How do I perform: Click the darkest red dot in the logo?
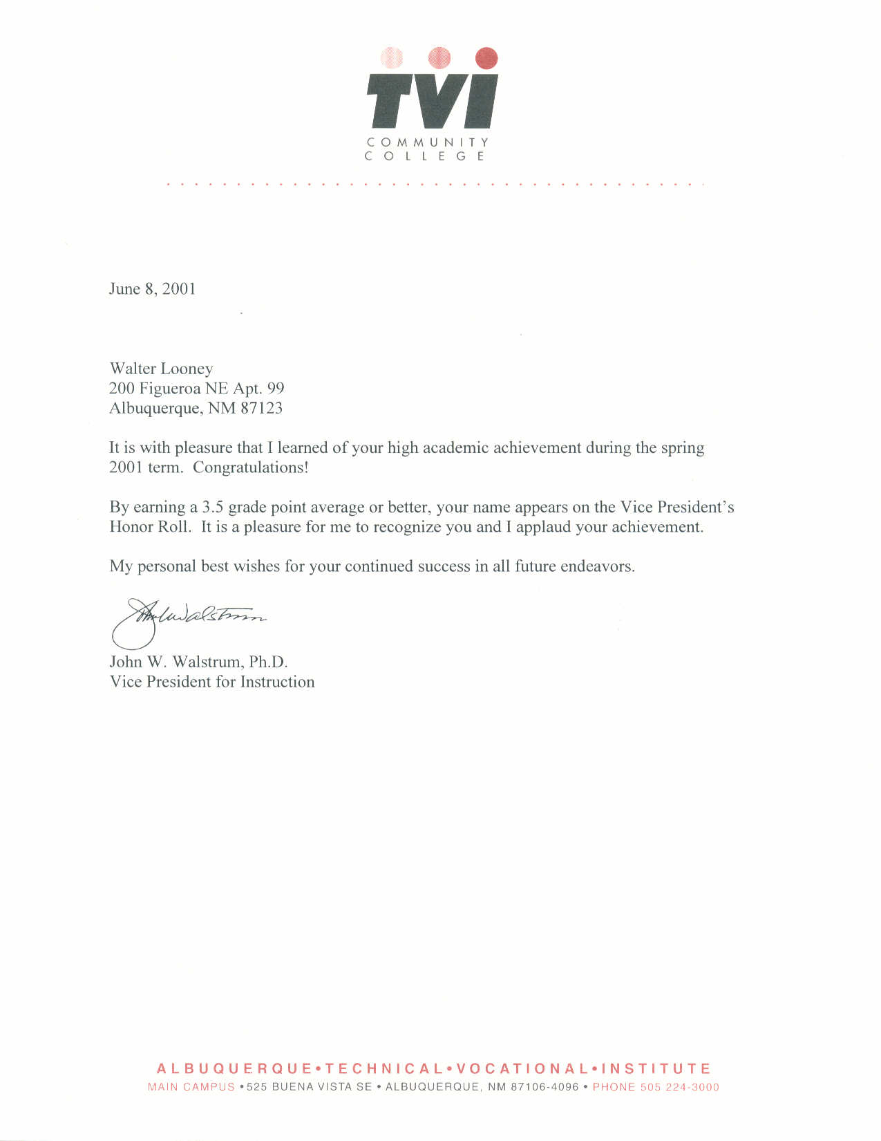487,58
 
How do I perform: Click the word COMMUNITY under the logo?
428,142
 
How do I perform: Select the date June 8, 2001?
152,289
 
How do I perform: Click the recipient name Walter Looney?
161,369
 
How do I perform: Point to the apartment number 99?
276,389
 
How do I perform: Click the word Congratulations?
250,467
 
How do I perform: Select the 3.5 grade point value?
213,508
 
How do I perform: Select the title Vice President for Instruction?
212,682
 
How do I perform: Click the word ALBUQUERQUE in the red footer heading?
234,1068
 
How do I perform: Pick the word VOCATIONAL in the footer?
522,1068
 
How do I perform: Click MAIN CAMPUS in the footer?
191,1087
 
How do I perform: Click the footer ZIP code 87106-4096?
544,1087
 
